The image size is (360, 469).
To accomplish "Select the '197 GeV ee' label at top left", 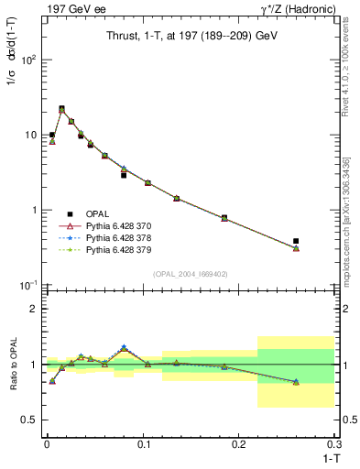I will tap(69, 8).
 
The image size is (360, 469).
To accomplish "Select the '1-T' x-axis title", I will tap(330, 457).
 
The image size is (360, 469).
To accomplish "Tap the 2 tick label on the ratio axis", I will tap(33, 309).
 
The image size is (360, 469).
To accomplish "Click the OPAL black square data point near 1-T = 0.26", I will tap(296, 241).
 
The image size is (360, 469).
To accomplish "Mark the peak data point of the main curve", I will tap(61, 109).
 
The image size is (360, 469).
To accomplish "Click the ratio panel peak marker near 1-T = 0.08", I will tap(124, 348).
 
